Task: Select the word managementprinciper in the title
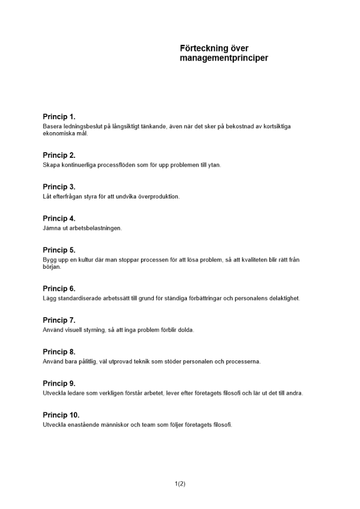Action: pos(224,59)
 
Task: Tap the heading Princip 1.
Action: pos(59,117)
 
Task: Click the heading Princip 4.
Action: pos(59,219)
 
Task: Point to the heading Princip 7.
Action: pos(59,321)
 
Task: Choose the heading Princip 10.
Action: pos(61,415)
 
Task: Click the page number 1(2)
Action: pos(180,484)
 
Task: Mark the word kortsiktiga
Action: pos(275,126)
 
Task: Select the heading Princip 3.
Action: pos(59,187)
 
